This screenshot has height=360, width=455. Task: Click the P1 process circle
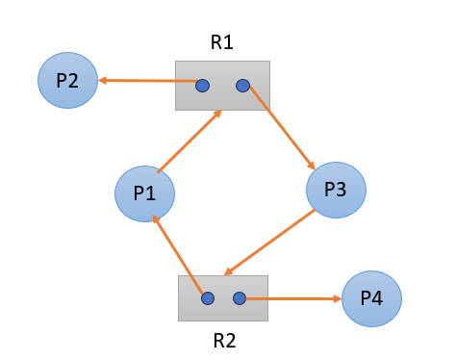click(x=144, y=193)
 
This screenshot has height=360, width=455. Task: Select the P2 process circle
click(x=67, y=80)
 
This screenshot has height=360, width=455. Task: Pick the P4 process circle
click(x=371, y=298)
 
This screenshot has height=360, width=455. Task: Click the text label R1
click(x=222, y=42)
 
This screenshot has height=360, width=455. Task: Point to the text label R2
click(x=223, y=340)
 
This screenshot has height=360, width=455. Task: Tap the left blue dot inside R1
click(x=202, y=86)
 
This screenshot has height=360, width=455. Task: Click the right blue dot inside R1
click(x=242, y=86)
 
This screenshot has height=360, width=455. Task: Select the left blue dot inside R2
click(x=207, y=298)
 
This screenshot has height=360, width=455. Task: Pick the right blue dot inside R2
click(x=240, y=298)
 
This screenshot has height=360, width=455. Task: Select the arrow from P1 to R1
click(x=190, y=141)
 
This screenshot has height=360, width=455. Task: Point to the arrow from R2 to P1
click(x=178, y=255)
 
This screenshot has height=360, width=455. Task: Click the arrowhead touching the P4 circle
click(x=337, y=298)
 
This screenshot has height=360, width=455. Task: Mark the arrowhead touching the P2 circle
click(x=103, y=81)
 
